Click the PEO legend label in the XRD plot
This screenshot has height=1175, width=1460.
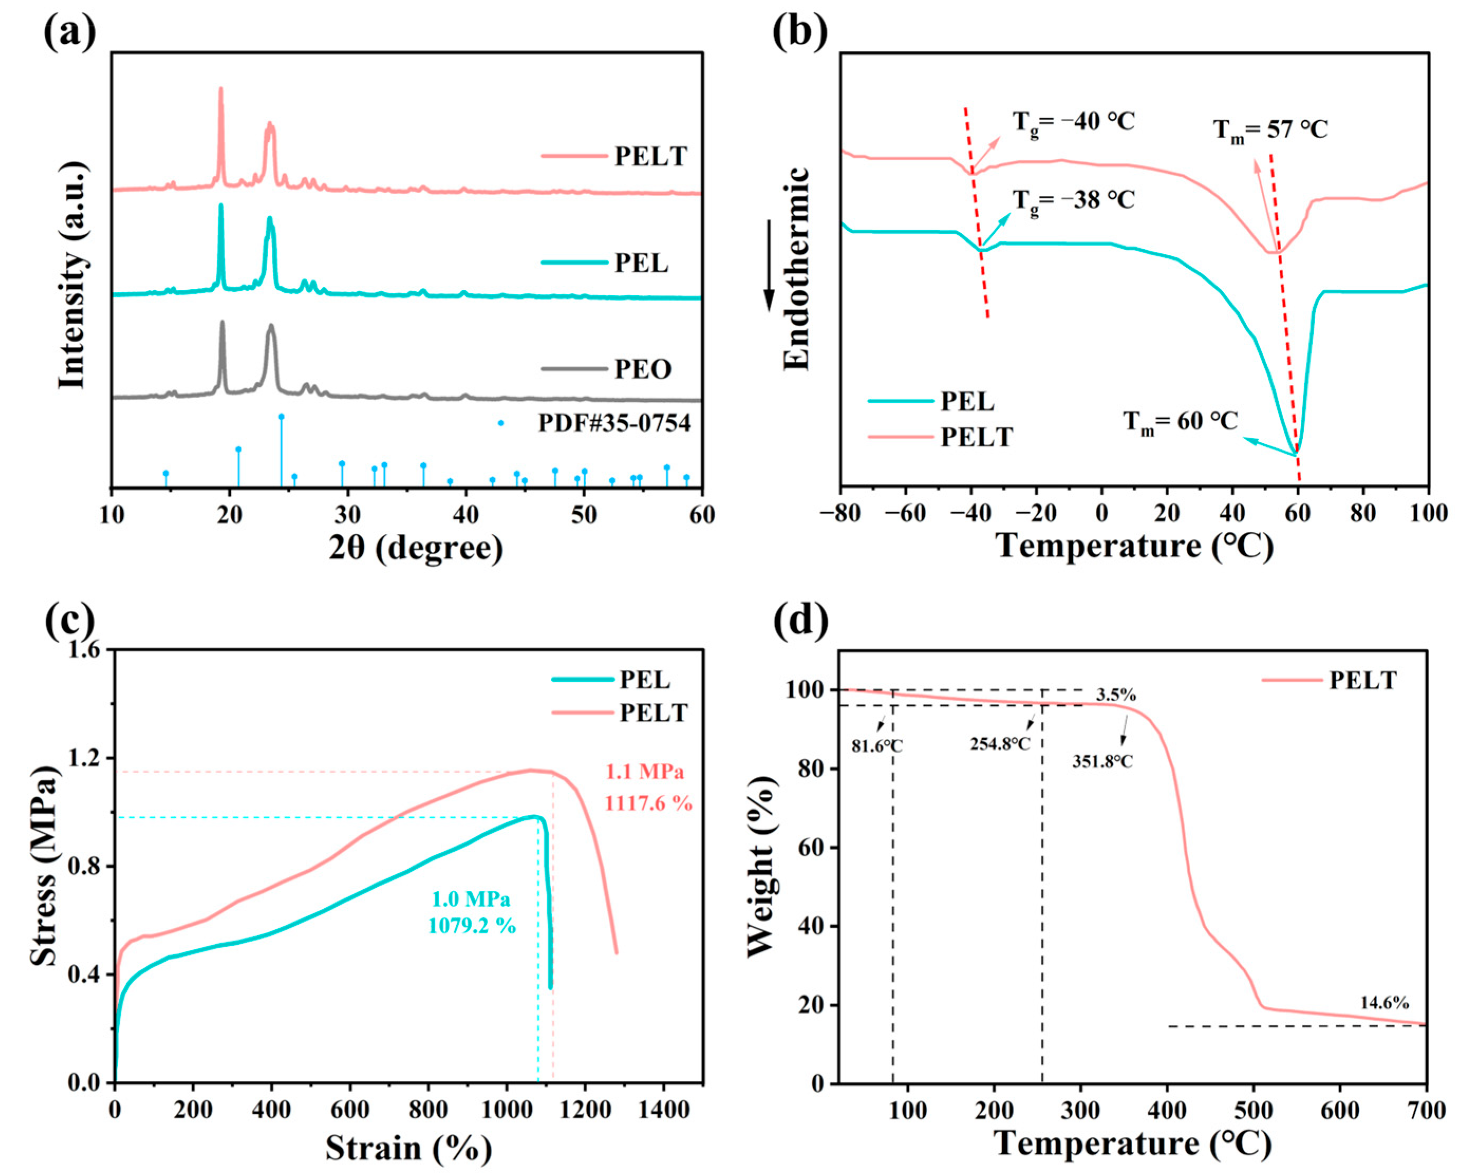tap(642, 369)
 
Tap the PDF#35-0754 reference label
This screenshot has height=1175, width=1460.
tap(614, 424)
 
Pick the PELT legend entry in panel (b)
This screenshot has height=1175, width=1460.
tap(976, 437)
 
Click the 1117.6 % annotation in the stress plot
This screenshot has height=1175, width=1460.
tap(648, 804)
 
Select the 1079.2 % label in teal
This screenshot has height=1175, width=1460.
tap(472, 925)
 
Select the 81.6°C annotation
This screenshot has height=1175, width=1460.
tap(877, 746)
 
